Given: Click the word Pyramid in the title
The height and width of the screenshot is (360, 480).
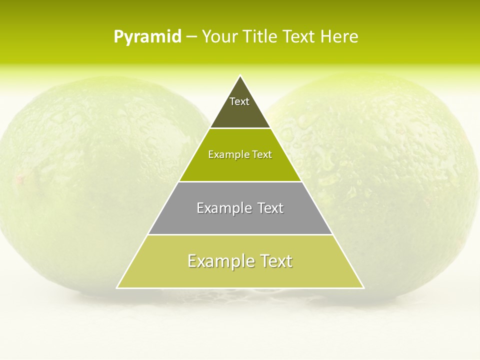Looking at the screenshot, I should coord(147,37).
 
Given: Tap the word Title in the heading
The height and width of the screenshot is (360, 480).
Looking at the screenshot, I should coord(260,37).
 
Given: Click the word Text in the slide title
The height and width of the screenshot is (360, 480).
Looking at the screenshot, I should coord(299,37).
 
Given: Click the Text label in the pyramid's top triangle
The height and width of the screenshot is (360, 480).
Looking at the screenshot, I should coord(239,101).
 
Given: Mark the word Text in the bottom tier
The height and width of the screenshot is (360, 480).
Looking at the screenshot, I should coord(276,261).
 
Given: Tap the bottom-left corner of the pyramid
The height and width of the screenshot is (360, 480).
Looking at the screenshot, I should coord(117,288).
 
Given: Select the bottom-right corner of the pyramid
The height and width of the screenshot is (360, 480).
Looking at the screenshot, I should coord(363,288).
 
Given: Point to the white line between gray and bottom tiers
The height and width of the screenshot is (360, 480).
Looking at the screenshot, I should coord(240,234).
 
